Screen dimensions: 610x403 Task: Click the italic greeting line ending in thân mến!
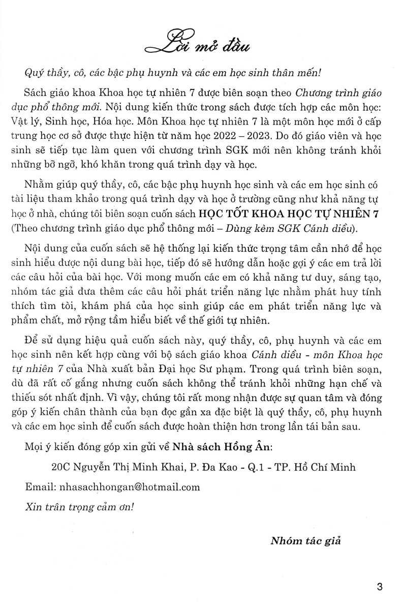pos(173,73)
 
